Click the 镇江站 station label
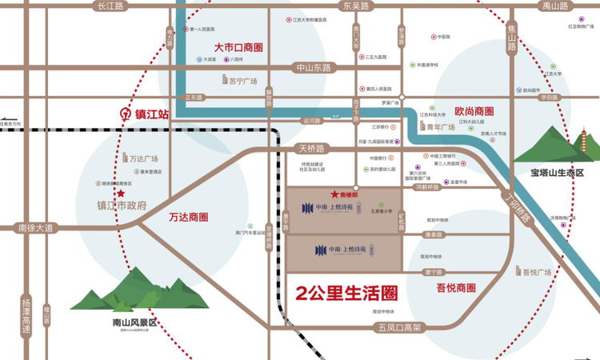[151, 114]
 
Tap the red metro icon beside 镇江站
[124, 114]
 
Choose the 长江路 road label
[110, 6]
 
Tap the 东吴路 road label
[356, 6]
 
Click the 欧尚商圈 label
[474, 111]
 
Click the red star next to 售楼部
[334, 194]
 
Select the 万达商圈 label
[189, 217]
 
